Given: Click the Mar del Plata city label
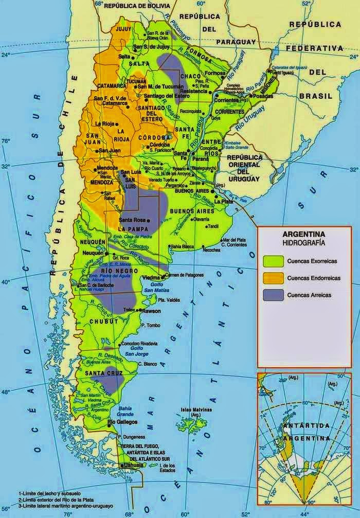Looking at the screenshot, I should tap(231, 240).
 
